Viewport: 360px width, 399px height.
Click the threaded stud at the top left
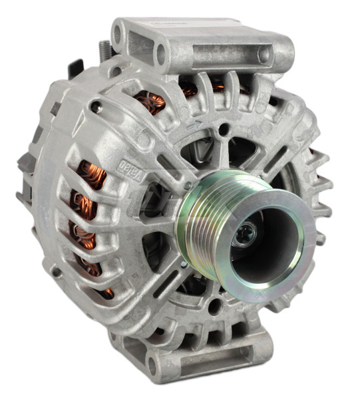click(x=104, y=51)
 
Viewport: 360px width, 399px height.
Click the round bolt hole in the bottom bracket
click(x=152, y=365)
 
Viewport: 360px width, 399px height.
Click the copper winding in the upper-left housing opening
click(x=150, y=102)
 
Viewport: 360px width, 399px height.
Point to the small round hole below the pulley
click(x=214, y=307)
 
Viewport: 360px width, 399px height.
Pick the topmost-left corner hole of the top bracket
click(x=120, y=29)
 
